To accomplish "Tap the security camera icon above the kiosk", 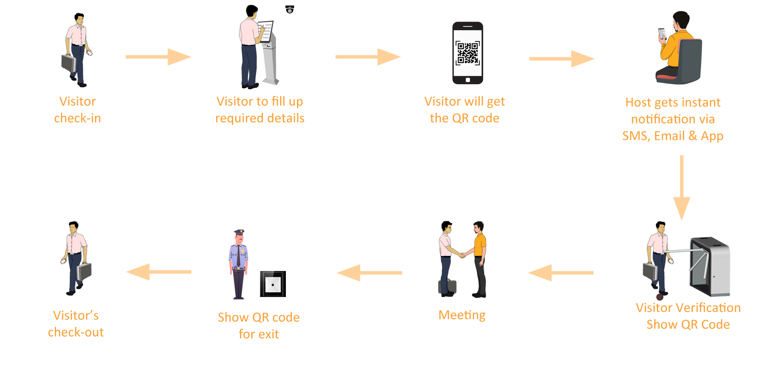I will pyautogui.click(x=290, y=9).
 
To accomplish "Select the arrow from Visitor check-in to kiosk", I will pyautogui.click(x=158, y=57).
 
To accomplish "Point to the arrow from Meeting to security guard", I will pyautogui.click(x=369, y=273).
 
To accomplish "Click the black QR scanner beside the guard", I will pyautogui.click(x=273, y=284).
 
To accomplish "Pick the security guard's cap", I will pyautogui.click(x=239, y=232).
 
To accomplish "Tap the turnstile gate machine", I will pyautogui.click(x=711, y=265).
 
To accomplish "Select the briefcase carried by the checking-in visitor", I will pyautogui.click(x=69, y=63).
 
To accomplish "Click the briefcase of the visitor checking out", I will pyautogui.click(x=84, y=271).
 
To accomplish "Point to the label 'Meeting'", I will pyautogui.click(x=462, y=315).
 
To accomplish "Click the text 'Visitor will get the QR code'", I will pyautogui.click(x=464, y=110).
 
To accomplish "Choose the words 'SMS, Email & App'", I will pyautogui.click(x=673, y=136).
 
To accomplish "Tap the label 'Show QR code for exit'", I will pyautogui.click(x=258, y=325).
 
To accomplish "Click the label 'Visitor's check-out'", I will pyautogui.click(x=76, y=324).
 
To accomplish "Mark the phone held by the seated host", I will pyautogui.click(x=662, y=33).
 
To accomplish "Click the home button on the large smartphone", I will pyautogui.click(x=468, y=80).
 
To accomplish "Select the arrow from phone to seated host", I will pyautogui.click(x=561, y=59).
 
